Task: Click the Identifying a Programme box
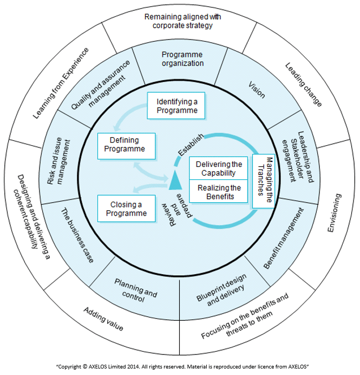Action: point(177,106)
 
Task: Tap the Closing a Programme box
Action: point(125,209)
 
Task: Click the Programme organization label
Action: point(182,59)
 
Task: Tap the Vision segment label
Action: point(257,89)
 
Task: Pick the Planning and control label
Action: point(135,290)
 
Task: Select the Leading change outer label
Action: point(304,85)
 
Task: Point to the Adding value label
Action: point(103,319)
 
